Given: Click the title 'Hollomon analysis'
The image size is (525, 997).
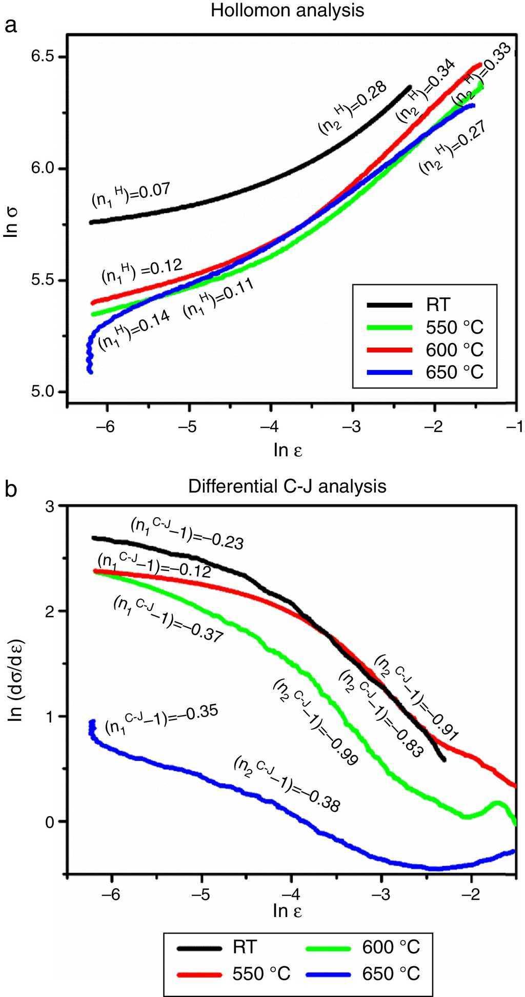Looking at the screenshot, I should click(x=287, y=11).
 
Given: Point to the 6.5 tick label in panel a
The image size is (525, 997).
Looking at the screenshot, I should click(x=43, y=57).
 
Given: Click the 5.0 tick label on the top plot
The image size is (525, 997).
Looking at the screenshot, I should click(x=43, y=392).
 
